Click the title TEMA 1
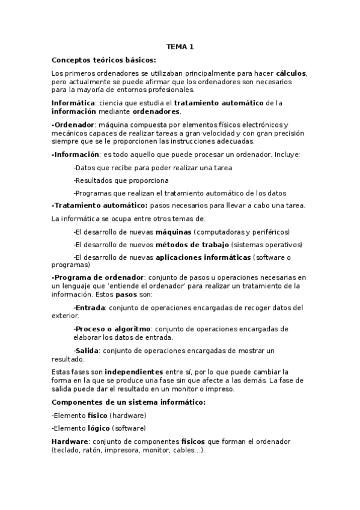click(180, 46)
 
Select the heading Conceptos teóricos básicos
click(104, 60)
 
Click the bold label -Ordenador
click(73, 124)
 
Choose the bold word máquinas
click(174, 232)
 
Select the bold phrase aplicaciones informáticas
click(203, 257)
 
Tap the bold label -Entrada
click(90, 307)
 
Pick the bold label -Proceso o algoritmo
click(112, 329)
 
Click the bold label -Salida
click(87, 350)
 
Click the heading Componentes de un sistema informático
click(129, 402)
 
